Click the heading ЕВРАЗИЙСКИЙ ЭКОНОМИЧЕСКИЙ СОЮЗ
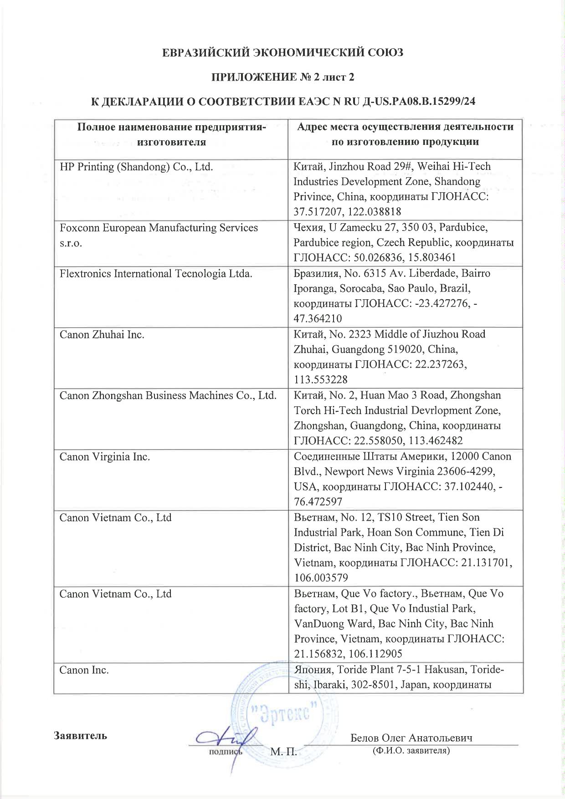[283, 53]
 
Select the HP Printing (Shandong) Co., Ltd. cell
[137, 167]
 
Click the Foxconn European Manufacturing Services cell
[159, 228]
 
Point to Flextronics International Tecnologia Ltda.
[156, 274]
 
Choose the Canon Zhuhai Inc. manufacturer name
[102, 335]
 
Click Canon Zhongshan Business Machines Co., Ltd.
[168, 395]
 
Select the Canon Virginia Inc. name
[105, 456]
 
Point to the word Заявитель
[80, 736]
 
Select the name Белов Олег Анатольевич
[411, 738]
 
